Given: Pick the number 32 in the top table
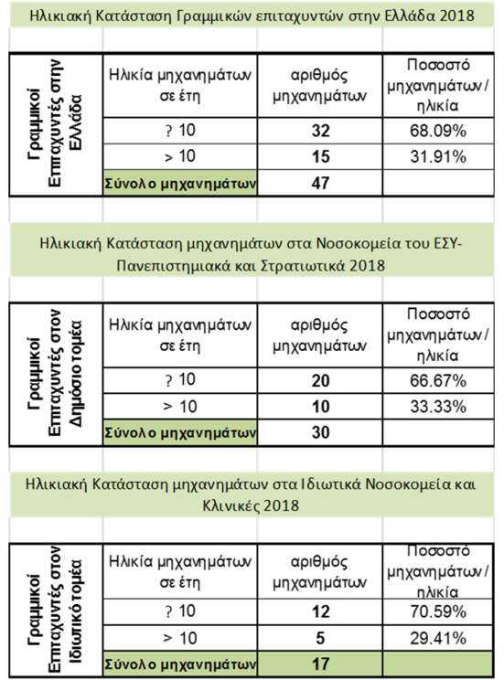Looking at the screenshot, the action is pos(320,132).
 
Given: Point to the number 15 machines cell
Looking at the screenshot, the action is pos(320,156).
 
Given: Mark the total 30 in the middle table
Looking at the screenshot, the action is pos(320,431).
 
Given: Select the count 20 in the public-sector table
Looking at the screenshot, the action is pos(320,380).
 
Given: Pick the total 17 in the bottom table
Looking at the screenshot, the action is pos(320,661).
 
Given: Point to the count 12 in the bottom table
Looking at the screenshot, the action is pos(320,611).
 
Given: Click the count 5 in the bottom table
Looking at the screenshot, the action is pos(320,636).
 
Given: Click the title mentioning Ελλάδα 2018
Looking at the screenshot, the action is pos(251,15).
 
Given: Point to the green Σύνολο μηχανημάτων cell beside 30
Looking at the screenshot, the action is pos(179,431).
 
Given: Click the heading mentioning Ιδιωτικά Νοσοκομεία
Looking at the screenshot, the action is pos(251,494).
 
